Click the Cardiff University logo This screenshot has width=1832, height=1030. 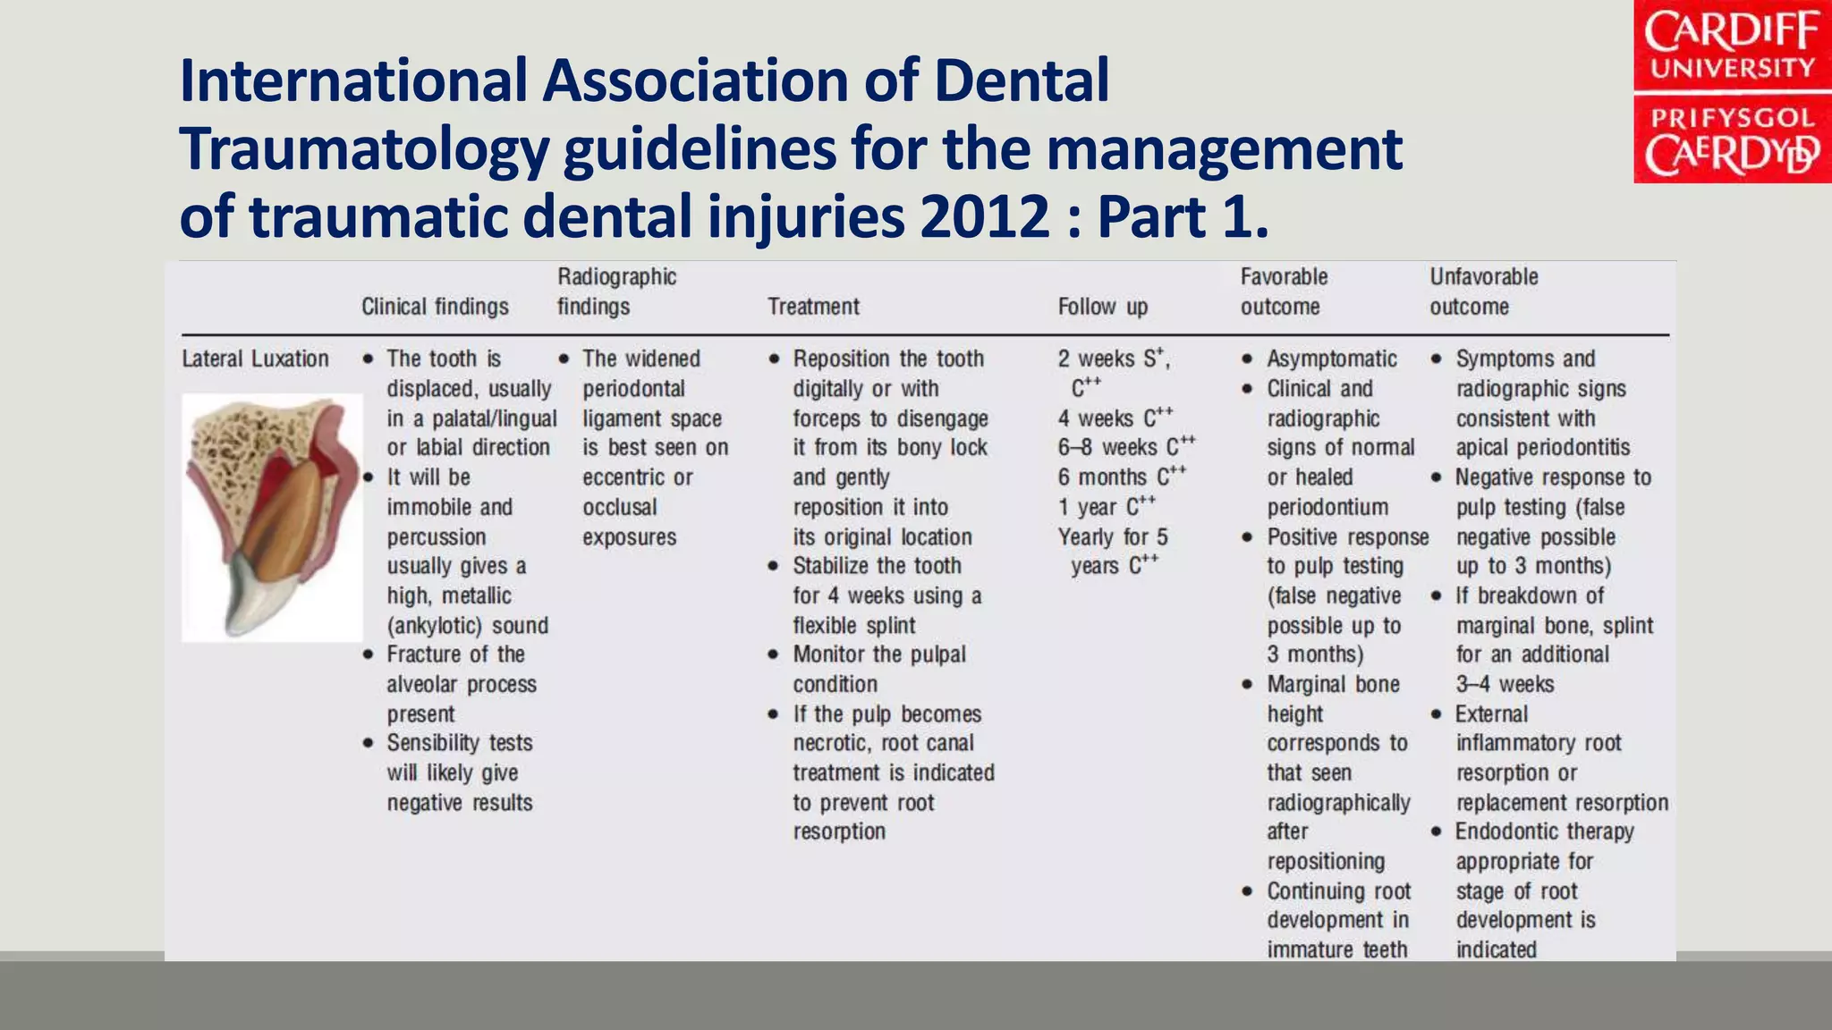pyautogui.click(x=1732, y=92)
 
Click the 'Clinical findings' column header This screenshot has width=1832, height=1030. pyautogui.click(x=435, y=307)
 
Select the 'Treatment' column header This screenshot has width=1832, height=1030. pyautogui.click(x=813, y=307)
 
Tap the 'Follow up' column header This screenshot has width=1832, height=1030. pyautogui.click(x=1102, y=307)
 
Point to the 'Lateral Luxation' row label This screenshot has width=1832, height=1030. pyautogui.click(x=255, y=359)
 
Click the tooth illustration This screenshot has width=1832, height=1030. pyautogui.click(x=271, y=517)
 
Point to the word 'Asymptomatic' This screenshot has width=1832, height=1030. pyautogui.click(x=1332, y=359)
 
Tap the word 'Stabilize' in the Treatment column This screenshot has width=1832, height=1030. pyautogui.click(x=831, y=566)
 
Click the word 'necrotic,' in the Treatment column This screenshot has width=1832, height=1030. pyautogui.click(x=832, y=743)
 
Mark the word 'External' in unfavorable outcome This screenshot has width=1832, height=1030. pyautogui.click(x=1491, y=714)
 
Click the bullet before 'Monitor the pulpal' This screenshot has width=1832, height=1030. pyautogui.click(x=774, y=655)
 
